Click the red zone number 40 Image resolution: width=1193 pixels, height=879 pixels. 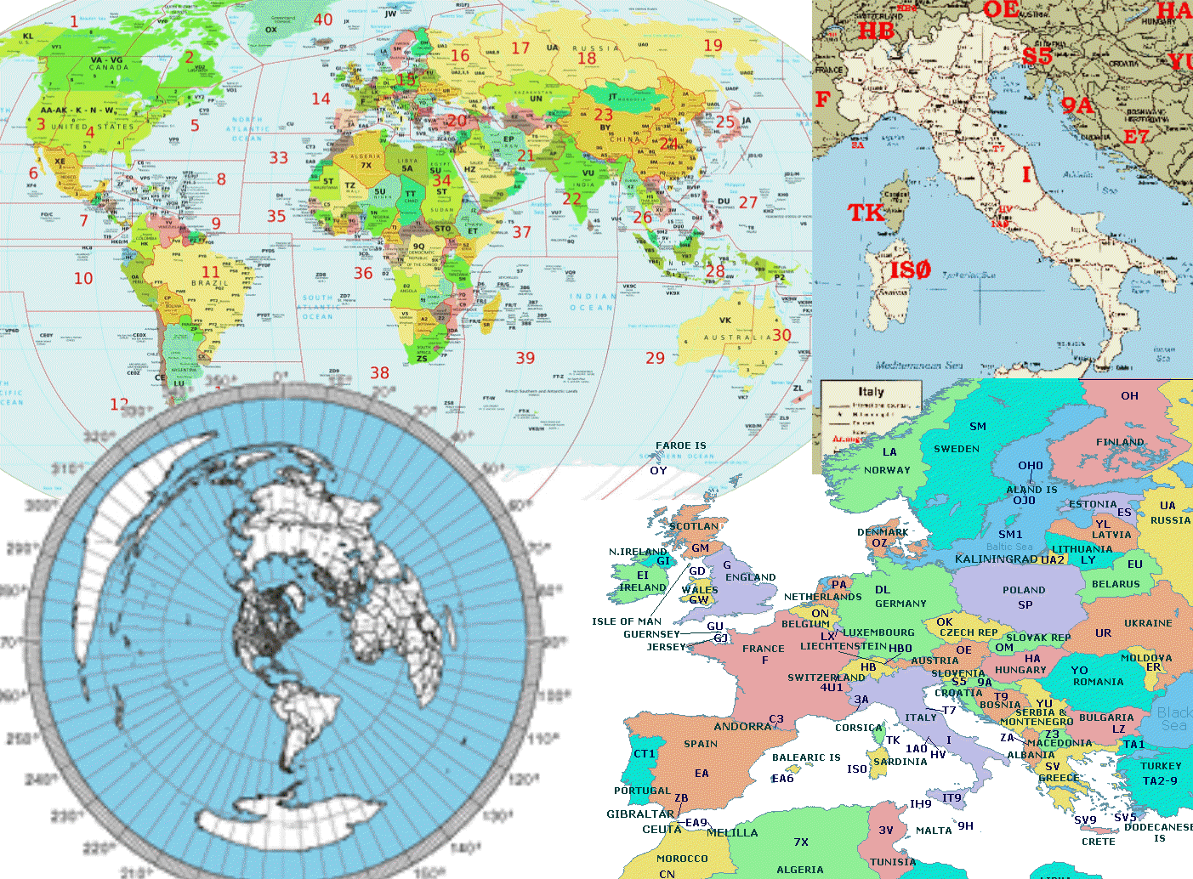(x=323, y=20)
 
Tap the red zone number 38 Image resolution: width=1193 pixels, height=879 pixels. (x=379, y=373)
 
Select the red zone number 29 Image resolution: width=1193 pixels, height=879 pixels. (x=655, y=358)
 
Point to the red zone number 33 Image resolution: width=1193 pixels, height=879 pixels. (x=279, y=157)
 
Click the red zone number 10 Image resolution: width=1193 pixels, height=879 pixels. (x=83, y=278)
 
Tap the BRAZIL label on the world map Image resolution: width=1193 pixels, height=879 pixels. (x=210, y=283)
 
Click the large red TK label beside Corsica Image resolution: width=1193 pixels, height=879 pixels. (x=866, y=213)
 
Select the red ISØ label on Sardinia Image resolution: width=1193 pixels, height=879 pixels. (x=910, y=270)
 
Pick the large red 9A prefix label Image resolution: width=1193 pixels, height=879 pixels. (x=1077, y=105)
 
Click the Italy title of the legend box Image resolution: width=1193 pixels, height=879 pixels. (x=871, y=392)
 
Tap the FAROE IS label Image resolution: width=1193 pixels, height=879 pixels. (x=680, y=445)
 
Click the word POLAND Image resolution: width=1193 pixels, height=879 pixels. (x=1024, y=590)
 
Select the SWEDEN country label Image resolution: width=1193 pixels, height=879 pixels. (x=957, y=449)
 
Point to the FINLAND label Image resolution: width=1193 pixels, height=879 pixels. (x=1120, y=442)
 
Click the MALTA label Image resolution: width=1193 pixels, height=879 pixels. (x=934, y=831)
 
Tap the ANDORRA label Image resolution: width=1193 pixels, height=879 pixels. (x=742, y=727)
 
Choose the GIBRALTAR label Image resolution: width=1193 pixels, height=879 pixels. (x=639, y=814)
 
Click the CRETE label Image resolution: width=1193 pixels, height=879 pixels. (x=1098, y=842)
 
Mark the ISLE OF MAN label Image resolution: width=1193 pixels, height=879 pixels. (x=626, y=621)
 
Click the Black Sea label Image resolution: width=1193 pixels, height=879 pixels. (x=1174, y=719)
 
